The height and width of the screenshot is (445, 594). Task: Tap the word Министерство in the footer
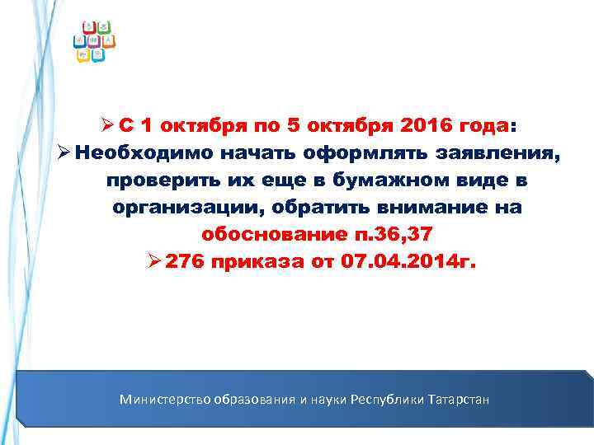tap(165, 400)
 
